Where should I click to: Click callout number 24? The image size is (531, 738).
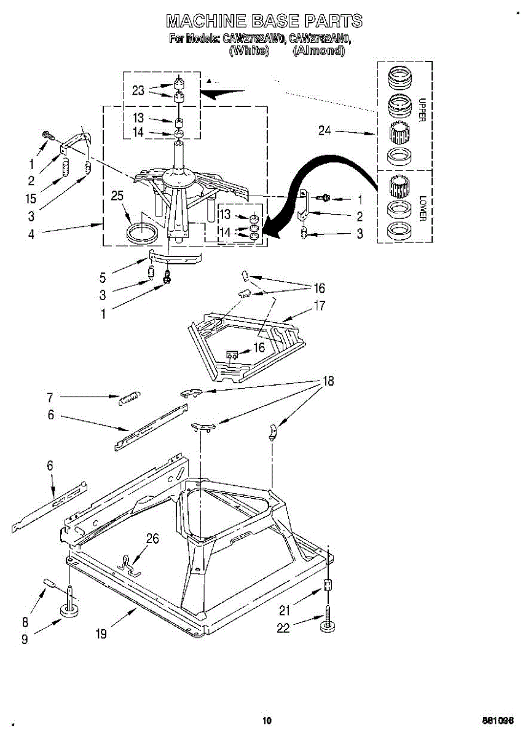tap(325, 130)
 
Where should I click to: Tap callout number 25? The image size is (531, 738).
tap(117, 196)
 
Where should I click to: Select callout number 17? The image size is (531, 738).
tap(320, 305)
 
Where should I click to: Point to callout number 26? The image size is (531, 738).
tap(152, 539)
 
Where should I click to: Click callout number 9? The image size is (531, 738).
tap(25, 639)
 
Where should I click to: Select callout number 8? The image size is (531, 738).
tap(25, 621)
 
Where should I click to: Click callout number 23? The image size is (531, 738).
tap(138, 90)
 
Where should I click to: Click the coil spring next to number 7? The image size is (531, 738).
tap(130, 399)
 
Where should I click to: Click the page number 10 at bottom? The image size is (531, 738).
tap(266, 721)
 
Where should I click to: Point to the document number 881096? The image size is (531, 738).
tap(498, 721)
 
